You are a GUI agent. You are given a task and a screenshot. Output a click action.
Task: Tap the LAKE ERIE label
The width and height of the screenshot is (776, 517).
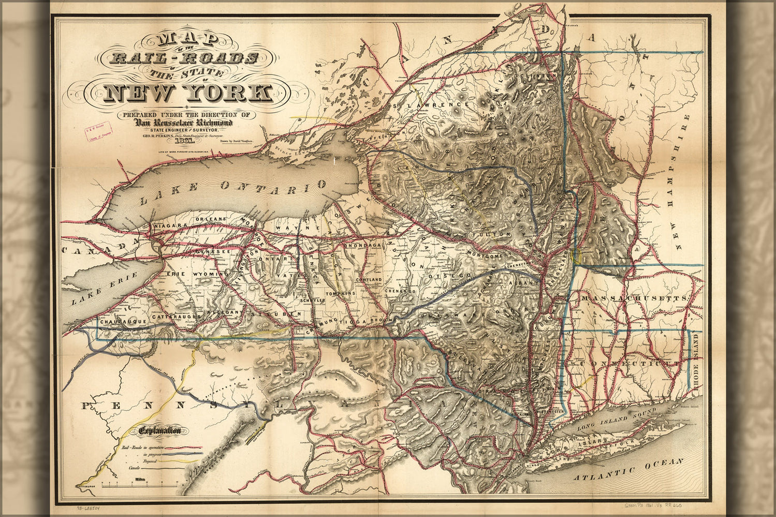point(94,293)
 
